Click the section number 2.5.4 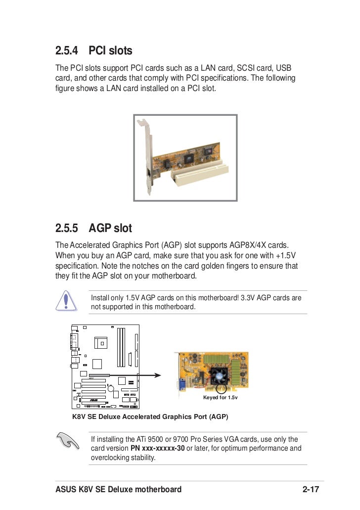(x=67, y=50)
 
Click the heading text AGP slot (x=110, y=229)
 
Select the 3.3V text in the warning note (x=249, y=298)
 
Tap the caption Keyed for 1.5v (x=220, y=398)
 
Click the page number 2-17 (x=313, y=490)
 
